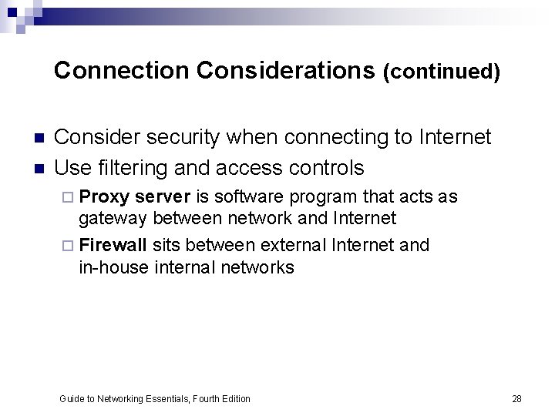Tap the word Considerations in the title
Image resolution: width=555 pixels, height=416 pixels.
point(286,71)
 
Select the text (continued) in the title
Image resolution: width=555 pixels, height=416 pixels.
point(442,72)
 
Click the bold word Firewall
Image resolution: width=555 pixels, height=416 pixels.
point(113,245)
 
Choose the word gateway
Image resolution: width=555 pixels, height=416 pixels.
point(113,219)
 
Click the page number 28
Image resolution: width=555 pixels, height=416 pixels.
point(516,398)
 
